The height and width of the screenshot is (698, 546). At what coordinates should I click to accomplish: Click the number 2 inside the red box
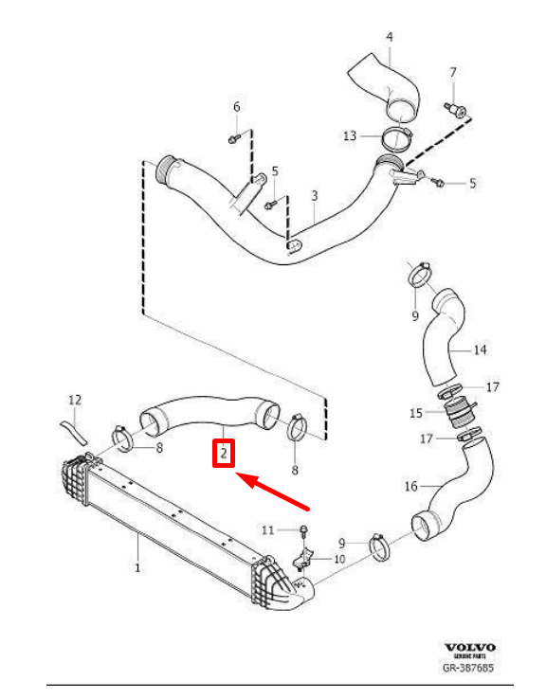click(x=223, y=455)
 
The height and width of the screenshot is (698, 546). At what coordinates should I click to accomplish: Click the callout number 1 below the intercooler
click(x=137, y=568)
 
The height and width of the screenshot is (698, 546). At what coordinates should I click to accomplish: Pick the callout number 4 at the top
click(x=389, y=37)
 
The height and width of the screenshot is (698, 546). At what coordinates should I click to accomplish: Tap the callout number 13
click(x=350, y=136)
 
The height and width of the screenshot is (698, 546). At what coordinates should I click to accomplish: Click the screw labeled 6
click(x=232, y=139)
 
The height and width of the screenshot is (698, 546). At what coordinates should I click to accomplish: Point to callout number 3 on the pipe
click(x=314, y=196)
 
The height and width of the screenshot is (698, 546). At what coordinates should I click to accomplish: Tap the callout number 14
click(x=480, y=350)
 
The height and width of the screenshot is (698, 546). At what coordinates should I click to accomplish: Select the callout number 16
click(x=409, y=487)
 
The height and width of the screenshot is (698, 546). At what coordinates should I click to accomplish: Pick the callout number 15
click(x=416, y=412)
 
